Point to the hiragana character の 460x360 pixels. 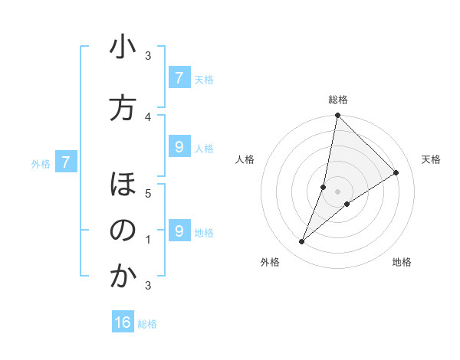click(123, 231)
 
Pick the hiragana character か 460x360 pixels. click(123, 277)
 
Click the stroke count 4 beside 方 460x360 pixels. click(148, 116)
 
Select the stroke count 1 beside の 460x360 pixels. click(148, 240)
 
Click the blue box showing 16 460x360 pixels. click(123, 322)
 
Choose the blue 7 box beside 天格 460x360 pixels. click(179, 77)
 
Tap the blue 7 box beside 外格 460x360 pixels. click(66, 162)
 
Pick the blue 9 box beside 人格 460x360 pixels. click(179, 147)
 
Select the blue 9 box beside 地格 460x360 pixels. click(179, 231)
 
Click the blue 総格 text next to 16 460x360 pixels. click(147, 324)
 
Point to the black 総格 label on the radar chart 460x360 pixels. click(337, 100)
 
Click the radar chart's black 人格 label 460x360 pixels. click(245, 159)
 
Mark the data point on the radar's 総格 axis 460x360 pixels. click(337, 116)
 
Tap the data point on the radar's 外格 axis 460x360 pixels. click(302, 242)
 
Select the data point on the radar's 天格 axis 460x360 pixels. click(396, 173)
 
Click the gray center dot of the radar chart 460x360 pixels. click(337, 191)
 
